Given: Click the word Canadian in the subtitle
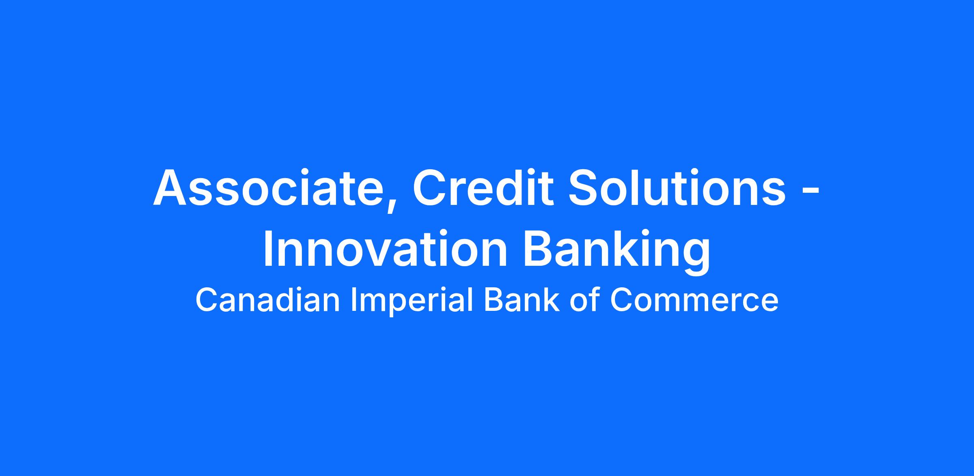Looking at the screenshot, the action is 267,300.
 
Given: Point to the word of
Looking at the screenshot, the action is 584,300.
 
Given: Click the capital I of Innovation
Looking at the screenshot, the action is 267,248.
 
